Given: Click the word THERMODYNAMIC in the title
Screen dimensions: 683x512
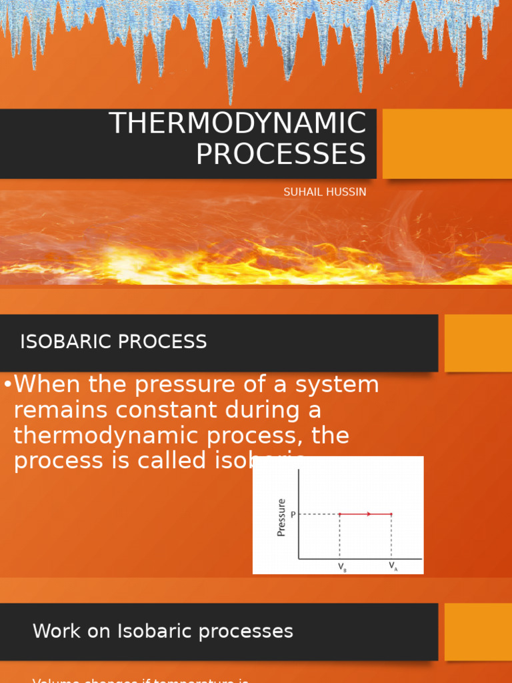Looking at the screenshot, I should click(237, 124).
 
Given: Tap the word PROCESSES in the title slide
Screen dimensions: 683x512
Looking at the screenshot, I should click(281, 154).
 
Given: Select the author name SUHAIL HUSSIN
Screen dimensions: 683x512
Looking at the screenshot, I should click(325, 192).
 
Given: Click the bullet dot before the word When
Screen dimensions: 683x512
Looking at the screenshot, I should click(7, 386).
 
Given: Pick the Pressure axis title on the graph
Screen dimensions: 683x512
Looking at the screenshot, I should click(281, 518).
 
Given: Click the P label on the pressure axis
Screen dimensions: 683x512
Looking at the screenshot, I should click(293, 515).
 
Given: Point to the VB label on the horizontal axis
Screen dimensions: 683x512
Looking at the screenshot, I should click(341, 567).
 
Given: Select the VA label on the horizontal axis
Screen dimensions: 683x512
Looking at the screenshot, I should click(393, 567).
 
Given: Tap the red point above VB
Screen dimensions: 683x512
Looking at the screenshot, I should click(340, 514).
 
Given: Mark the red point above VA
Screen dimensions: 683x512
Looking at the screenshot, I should click(391, 514).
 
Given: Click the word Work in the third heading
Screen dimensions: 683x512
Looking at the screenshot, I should click(53, 632).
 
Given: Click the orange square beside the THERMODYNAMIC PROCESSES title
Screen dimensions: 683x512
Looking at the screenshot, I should click(447, 144).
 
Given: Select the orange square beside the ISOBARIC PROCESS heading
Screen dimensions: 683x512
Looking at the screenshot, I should click(478, 343).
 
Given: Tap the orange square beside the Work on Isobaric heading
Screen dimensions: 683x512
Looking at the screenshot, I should click(478, 632).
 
